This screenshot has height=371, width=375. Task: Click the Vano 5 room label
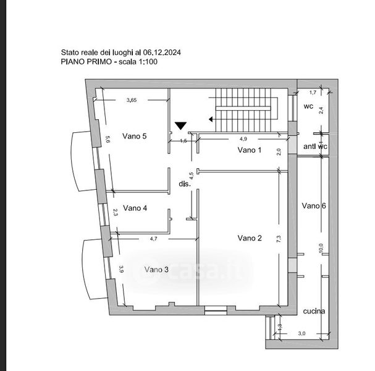[135, 136]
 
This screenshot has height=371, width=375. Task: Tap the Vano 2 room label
[250, 238]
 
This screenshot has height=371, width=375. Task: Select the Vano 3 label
[156, 270]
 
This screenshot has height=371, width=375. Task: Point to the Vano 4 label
[135, 208]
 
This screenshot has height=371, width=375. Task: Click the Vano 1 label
[250, 150]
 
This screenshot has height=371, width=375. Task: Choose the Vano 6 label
[314, 206]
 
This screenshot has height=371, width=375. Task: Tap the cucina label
[314, 311]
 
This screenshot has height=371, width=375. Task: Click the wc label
[308, 106]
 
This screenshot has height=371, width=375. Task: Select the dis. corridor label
[185, 184]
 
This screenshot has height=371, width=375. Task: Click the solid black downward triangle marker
[180, 126]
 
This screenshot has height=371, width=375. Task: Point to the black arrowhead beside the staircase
[211, 119]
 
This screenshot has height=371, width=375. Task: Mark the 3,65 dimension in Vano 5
[132, 100]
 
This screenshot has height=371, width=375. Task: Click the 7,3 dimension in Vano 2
[279, 239]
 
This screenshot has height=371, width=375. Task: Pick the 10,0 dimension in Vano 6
[321, 248]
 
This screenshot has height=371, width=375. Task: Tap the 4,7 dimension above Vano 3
[154, 239]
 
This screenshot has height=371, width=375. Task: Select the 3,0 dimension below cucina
[302, 333]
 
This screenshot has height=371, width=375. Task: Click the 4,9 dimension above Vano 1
[243, 139]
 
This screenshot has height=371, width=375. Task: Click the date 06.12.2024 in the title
[162, 53]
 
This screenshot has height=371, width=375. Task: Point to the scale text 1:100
[148, 62]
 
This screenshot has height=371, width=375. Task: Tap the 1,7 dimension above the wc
[313, 92]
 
